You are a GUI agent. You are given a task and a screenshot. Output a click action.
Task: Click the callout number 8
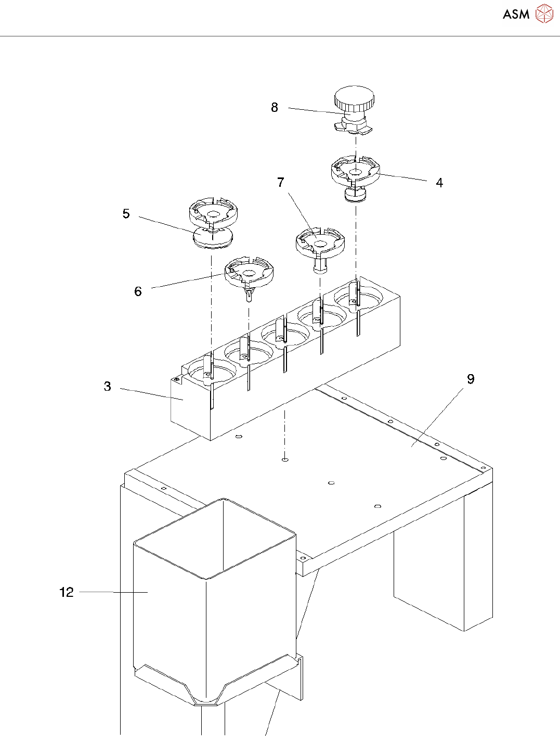(275, 108)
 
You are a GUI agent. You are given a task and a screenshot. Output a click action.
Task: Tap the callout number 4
(439, 183)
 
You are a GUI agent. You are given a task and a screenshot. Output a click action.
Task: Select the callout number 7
(281, 182)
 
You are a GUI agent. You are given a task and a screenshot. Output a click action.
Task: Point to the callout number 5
(126, 214)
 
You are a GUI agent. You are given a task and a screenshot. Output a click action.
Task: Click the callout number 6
(138, 291)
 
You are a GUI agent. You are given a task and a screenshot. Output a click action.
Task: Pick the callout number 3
(108, 386)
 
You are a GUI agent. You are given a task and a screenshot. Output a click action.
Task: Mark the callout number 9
(471, 379)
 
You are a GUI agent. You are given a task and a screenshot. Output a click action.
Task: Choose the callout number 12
(67, 592)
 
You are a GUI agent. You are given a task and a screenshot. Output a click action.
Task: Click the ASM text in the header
(516, 15)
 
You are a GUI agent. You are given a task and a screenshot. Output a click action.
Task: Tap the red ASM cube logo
(544, 14)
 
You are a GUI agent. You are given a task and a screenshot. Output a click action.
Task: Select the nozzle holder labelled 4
(356, 172)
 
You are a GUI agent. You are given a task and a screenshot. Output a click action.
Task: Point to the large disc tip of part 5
(213, 239)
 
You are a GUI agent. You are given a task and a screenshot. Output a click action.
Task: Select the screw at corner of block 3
(177, 379)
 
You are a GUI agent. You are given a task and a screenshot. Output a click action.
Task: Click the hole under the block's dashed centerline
(284, 460)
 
